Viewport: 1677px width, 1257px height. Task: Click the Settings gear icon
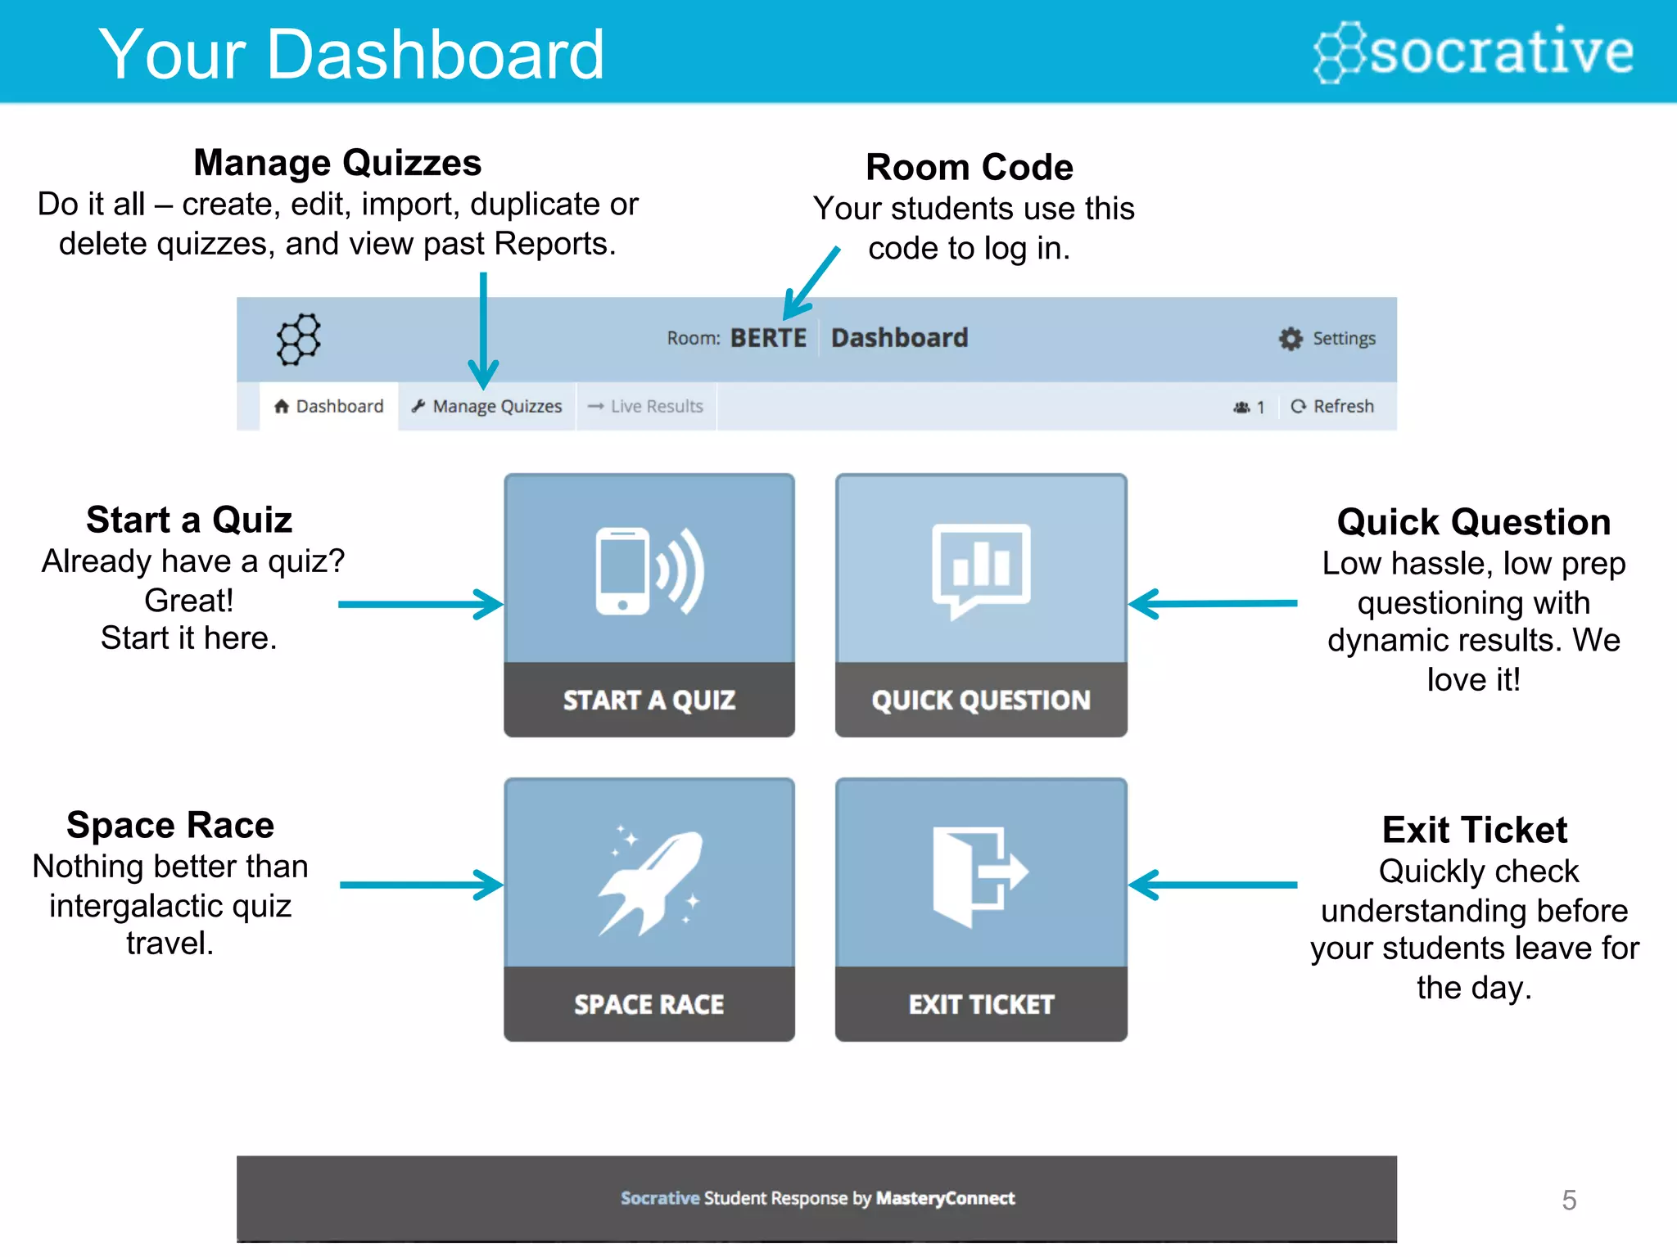(x=1291, y=339)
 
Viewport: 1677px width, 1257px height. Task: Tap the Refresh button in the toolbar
(x=1332, y=406)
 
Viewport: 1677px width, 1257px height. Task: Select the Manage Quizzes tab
(x=487, y=406)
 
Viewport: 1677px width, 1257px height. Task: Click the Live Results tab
(x=646, y=406)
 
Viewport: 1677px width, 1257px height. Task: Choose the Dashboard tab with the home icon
(x=329, y=406)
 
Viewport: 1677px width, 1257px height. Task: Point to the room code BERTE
(x=767, y=338)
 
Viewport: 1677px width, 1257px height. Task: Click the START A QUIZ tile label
(x=649, y=701)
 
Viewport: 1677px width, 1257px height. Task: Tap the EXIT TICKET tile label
(x=981, y=1004)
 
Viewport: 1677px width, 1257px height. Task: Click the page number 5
(x=1568, y=1200)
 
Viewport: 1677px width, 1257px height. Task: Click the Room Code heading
(x=970, y=168)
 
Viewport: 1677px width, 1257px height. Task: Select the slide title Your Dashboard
(x=351, y=54)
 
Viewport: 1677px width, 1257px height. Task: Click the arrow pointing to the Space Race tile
(x=421, y=885)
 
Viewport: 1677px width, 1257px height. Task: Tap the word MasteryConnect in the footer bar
(x=945, y=1198)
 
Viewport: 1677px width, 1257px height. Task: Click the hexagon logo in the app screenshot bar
(x=298, y=339)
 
